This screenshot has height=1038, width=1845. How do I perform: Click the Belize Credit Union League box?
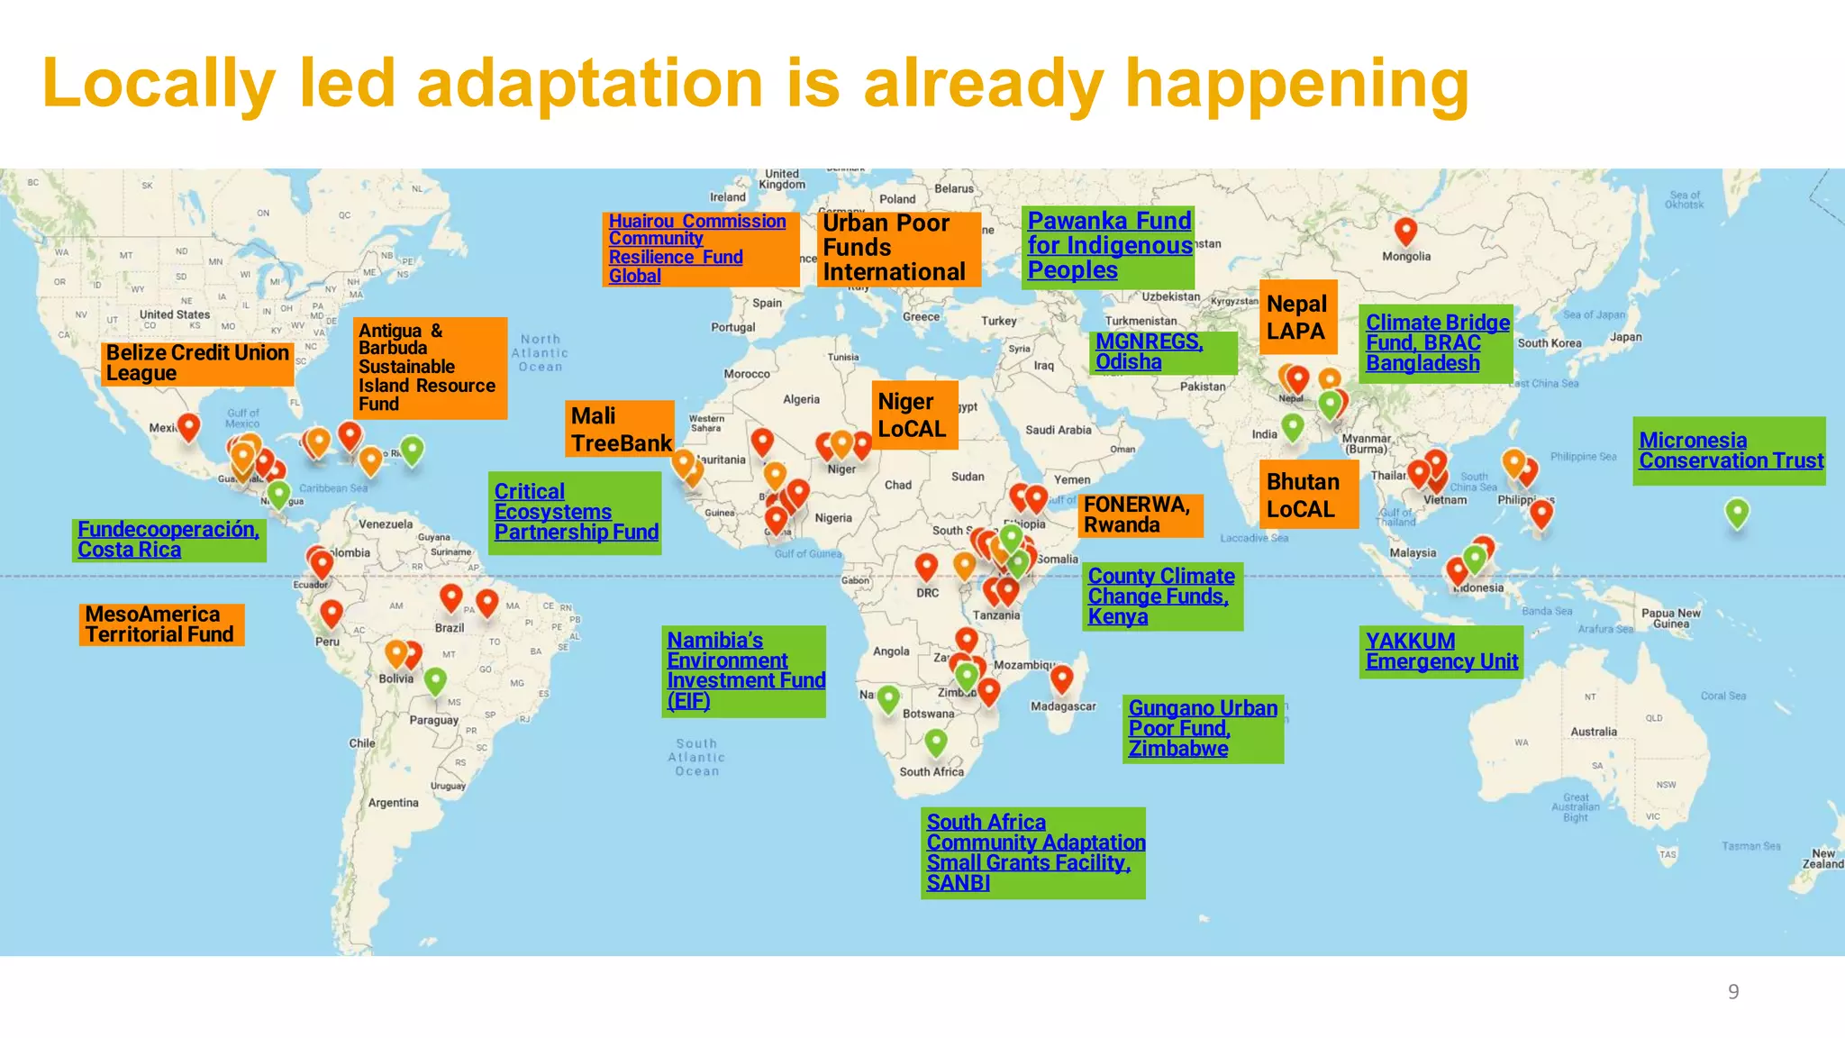click(197, 363)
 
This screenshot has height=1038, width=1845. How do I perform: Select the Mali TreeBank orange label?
click(621, 429)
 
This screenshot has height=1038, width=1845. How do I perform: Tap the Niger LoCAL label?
click(912, 415)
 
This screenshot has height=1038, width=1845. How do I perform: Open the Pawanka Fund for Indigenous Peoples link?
click(1108, 245)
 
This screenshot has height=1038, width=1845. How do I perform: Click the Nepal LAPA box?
click(1297, 317)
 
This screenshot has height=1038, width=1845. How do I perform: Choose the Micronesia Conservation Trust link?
click(1729, 451)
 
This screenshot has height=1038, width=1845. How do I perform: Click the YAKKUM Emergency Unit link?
click(1441, 651)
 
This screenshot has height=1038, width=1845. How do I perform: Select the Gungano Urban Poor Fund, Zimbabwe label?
click(1202, 728)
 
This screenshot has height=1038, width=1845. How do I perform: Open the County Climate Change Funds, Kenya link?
click(1160, 596)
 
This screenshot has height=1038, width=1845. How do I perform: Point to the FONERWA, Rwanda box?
click(1139, 514)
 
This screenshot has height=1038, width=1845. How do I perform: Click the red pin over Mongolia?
click(1405, 230)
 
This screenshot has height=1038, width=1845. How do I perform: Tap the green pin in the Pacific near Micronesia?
click(1737, 512)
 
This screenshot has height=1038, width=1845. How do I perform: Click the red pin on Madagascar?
click(1062, 677)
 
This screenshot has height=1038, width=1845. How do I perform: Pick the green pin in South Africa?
click(936, 742)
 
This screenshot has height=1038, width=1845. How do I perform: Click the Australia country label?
click(1593, 732)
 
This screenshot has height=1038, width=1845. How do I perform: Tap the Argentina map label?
click(393, 803)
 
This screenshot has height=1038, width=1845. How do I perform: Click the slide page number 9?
click(1732, 992)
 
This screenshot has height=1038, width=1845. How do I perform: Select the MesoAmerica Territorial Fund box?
click(161, 624)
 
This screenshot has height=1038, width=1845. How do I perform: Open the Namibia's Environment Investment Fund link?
click(744, 670)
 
